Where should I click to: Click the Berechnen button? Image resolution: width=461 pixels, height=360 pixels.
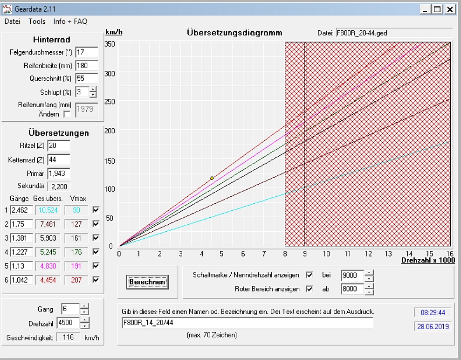[x=147, y=282]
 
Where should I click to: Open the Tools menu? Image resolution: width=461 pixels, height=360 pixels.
[x=37, y=21]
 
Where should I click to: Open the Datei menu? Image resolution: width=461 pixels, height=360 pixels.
[x=13, y=21]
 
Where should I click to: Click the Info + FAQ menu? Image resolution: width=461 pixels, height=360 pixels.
[x=70, y=21]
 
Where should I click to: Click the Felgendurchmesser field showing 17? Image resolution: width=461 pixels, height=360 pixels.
[x=86, y=52]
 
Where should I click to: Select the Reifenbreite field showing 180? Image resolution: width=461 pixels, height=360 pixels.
[x=86, y=66]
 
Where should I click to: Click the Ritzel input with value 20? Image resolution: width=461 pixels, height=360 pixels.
[x=59, y=146]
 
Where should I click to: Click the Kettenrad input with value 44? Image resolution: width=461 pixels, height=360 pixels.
[x=59, y=160]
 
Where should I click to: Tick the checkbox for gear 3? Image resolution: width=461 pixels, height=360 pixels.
[x=96, y=238]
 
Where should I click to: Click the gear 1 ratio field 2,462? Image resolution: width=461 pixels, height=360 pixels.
[x=21, y=210]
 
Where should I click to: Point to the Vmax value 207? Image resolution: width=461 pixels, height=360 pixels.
[x=76, y=280]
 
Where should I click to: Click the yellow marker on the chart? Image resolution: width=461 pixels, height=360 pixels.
[x=212, y=178]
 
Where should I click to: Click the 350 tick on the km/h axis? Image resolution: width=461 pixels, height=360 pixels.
[x=110, y=44]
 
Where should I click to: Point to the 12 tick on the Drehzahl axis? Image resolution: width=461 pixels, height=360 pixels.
[x=368, y=254]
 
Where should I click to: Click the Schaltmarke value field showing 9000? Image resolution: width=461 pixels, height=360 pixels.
[x=352, y=275]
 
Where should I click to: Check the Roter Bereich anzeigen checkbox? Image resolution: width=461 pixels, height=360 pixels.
[x=309, y=289]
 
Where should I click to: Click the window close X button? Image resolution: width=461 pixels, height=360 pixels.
[x=449, y=9]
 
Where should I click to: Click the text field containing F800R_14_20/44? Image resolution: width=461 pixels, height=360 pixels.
[x=247, y=323]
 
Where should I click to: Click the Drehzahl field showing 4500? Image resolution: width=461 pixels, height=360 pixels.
[x=68, y=323]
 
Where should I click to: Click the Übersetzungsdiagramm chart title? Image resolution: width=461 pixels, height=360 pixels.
[x=234, y=33]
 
